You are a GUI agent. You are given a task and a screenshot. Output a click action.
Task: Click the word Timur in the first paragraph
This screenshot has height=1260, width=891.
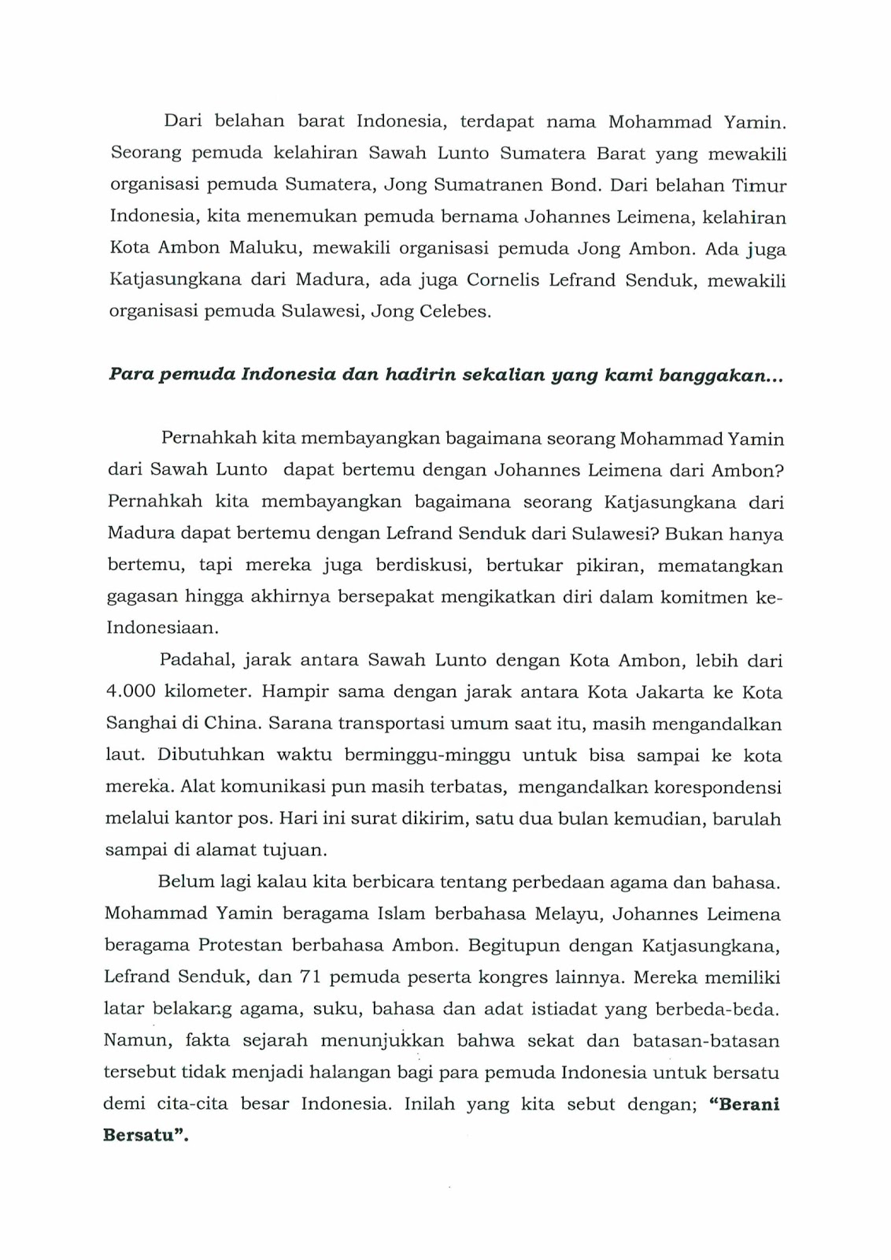[x=760, y=185]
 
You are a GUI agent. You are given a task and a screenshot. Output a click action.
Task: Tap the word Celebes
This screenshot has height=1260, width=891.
[x=457, y=312]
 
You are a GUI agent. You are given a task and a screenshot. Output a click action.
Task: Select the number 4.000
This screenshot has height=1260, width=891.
[x=131, y=692]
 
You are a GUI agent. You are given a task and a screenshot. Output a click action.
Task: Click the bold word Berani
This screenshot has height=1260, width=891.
[x=744, y=1104]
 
